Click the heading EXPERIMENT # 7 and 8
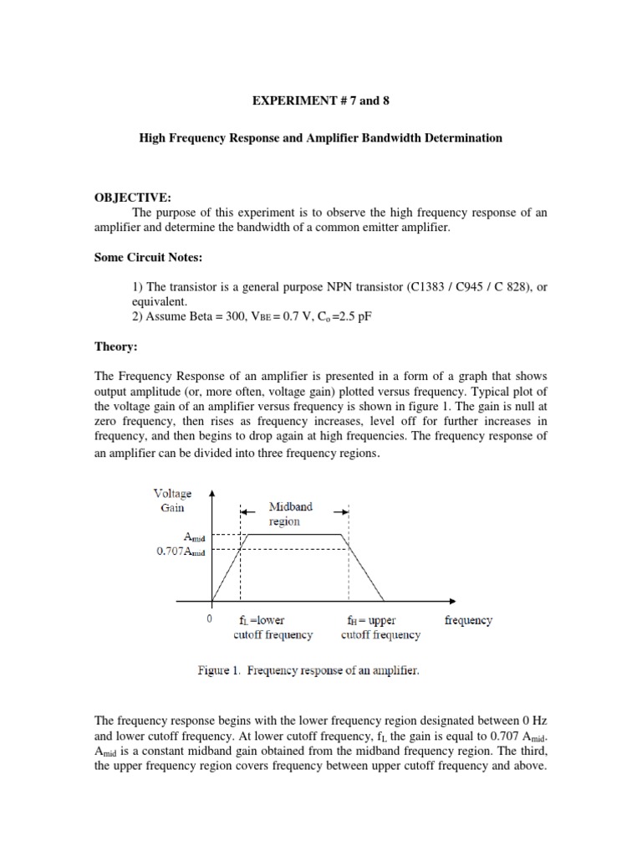[320, 100]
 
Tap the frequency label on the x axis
[468, 620]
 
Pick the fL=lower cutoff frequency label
[273, 628]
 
